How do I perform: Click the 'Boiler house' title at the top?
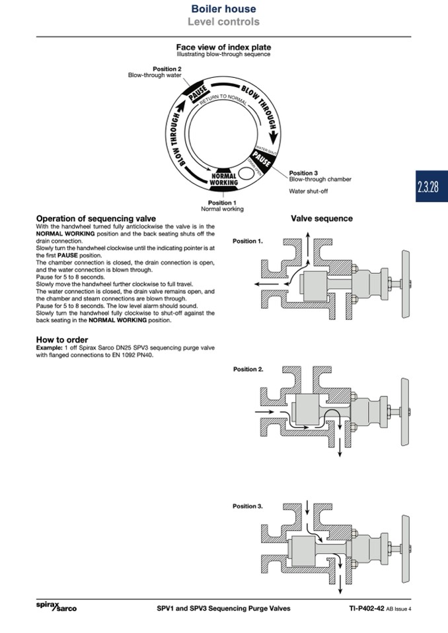pyautogui.click(x=223, y=9)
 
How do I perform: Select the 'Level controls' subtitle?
pyautogui.click(x=223, y=22)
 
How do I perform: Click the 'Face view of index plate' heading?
pyautogui.click(x=223, y=48)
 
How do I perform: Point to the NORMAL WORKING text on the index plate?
pyautogui.click(x=223, y=179)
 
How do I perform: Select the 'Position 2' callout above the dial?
pyautogui.click(x=167, y=69)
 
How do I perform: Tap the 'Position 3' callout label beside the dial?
pyautogui.click(x=303, y=173)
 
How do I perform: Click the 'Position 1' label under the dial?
pyautogui.click(x=222, y=203)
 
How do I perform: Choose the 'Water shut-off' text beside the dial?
pyautogui.click(x=309, y=191)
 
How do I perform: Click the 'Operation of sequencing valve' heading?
pyautogui.click(x=96, y=218)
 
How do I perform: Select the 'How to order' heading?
pyautogui.click(x=62, y=340)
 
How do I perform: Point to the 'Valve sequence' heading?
pyautogui.click(x=322, y=218)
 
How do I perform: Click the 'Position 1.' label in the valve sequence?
pyautogui.click(x=248, y=242)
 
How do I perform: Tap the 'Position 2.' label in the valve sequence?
pyautogui.click(x=248, y=370)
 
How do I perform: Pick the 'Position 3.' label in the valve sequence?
pyautogui.click(x=248, y=506)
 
